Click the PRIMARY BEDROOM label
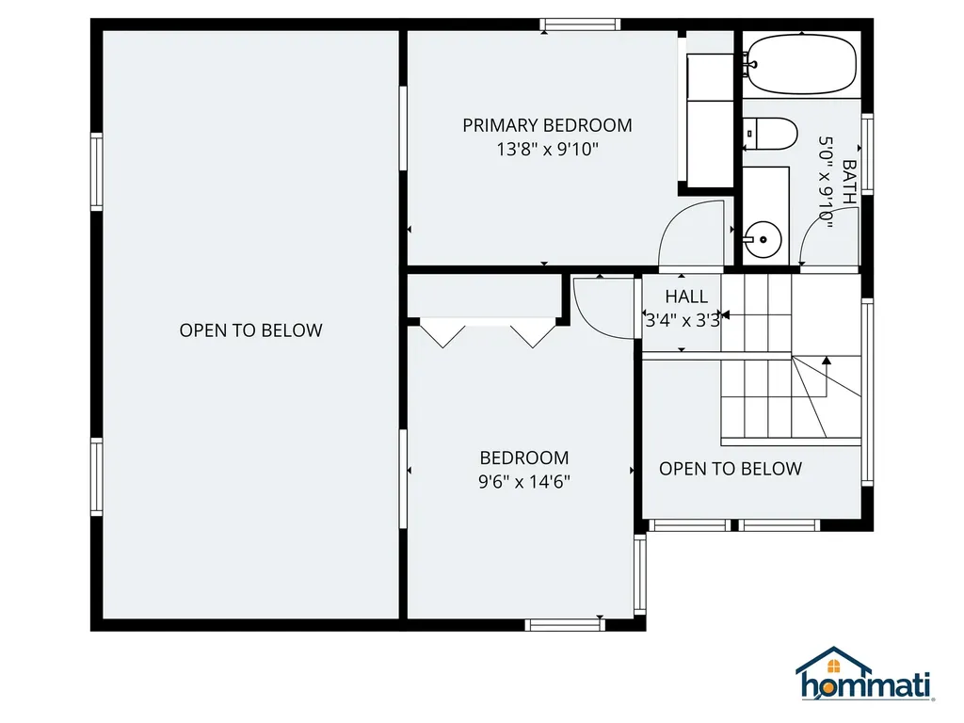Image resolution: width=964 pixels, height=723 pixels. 547,125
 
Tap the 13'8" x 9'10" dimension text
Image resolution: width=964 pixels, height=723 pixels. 547,150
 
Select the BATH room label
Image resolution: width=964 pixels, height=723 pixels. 849,182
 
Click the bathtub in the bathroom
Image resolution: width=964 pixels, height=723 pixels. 799,64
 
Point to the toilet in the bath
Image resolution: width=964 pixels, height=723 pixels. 770,134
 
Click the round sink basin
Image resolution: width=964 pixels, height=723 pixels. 763,239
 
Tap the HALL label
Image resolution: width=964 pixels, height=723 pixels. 686,297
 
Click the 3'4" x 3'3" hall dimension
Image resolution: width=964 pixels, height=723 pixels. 683,320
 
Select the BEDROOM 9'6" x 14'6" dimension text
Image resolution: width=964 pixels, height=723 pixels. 524,481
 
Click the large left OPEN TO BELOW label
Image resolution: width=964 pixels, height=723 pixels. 250,330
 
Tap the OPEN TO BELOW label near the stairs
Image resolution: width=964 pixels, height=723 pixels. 731,469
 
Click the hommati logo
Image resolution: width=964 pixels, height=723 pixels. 865,674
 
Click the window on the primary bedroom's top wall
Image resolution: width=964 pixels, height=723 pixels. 580,24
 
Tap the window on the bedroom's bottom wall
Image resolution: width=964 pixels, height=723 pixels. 565,625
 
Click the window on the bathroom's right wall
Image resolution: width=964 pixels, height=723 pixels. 867,153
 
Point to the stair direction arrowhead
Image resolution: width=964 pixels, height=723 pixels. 827,360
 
